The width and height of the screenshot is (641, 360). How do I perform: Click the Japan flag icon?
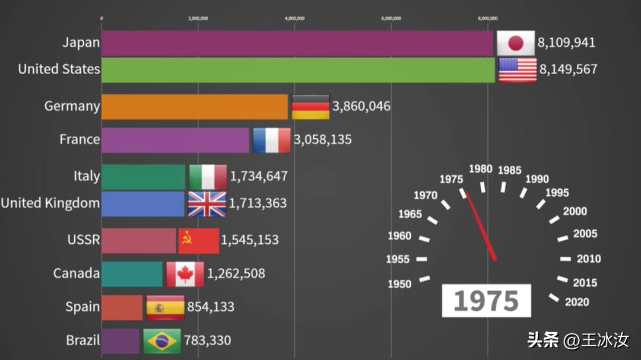pyautogui.click(x=516, y=43)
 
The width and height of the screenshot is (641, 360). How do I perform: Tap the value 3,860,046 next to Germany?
pyautogui.click(x=361, y=107)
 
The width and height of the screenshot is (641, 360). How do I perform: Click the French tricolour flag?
pyautogui.click(x=271, y=140)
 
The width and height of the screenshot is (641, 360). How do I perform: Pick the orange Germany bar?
pyautogui.click(x=195, y=107)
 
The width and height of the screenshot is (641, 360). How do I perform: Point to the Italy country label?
pyautogui.click(x=87, y=176)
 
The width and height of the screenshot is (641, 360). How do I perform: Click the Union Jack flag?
pyautogui.click(x=207, y=203)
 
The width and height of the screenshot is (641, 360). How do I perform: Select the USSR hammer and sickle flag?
pyautogui.click(x=199, y=240)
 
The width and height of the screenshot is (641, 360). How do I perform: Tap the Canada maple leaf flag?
pyautogui.click(x=185, y=274)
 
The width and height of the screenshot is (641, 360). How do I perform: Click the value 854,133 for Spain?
pyautogui.click(x=211, y=307)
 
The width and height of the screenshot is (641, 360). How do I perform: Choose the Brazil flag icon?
pyautogui.click(x=161, y=341)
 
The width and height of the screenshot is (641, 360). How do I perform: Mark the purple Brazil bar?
pyautogui.click(x=120, y=341)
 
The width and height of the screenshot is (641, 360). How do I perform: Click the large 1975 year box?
pyautogui.click(x=486, y=301)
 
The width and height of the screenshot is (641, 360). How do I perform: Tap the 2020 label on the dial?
pyautogui.click(x=577, y=302)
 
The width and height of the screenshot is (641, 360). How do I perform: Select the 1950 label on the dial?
pyautogui.click(x=399, y=284)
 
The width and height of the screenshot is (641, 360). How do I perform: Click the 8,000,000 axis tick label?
pyautogui.click(x=488, y=18)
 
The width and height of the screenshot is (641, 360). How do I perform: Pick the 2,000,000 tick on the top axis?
pyautogui.click(x=198, y=18)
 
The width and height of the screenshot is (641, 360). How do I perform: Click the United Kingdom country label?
pyautogui.click(x=50, y=203)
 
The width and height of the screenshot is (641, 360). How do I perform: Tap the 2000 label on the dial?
pyautogui.click(x=575, y=212)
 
